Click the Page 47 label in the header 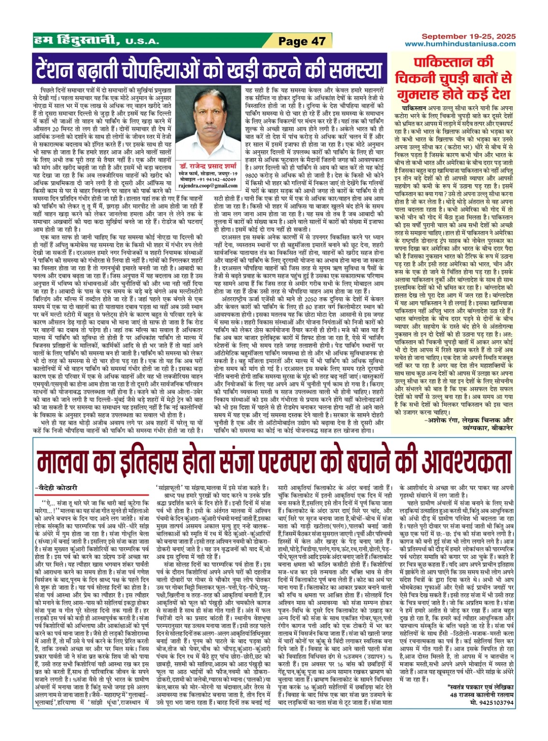(302, 42)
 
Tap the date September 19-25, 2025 (468, 37)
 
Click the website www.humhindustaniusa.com (460, 44)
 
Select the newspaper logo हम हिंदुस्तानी (77, 41)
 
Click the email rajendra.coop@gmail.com (208, 186)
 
